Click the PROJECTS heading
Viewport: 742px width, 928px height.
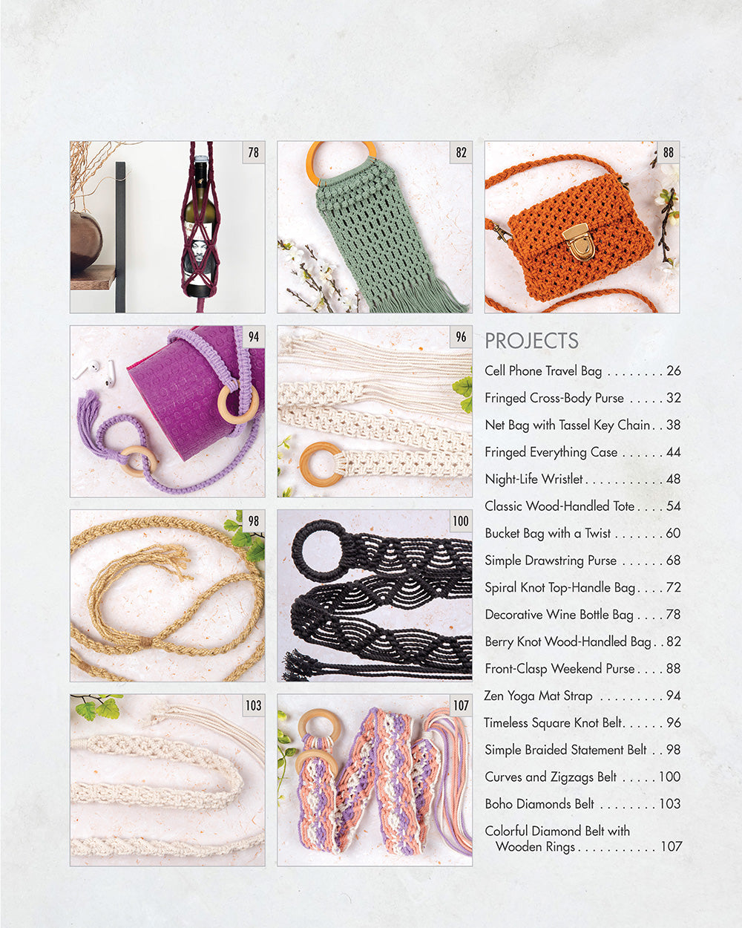tap(531, 341)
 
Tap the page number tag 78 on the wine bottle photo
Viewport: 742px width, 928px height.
tap(254, 152)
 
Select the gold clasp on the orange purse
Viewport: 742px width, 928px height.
tap(579, 241)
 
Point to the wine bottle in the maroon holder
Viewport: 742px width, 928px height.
tap(201, 223)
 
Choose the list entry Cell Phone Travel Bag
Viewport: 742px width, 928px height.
tap(543, 370)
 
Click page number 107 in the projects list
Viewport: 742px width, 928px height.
tap(671, 846)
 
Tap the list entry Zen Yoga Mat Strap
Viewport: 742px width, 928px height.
tap(538, 696)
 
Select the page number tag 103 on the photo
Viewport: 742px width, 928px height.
tap(254, 705)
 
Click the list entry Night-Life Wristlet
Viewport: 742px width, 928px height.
tap(533, 479)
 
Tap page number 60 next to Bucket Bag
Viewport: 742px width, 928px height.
tap(673, 533)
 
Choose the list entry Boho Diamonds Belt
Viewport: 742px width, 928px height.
tap(539, 804)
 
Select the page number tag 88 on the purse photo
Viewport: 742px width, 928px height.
tap(669, 152)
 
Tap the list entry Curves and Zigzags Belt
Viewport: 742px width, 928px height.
tap(551, 777)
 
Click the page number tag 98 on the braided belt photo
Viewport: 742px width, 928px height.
tap(254, 521)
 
